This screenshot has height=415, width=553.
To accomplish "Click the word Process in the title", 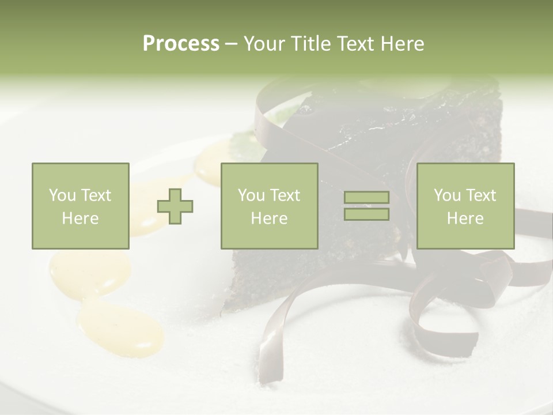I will coord(181,44).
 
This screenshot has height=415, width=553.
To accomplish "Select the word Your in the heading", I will coord(264,44).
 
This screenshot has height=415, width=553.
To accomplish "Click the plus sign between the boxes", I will coord(175,206).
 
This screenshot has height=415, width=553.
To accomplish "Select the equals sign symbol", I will coord(366,206).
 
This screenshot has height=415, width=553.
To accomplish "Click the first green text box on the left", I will coord(81,206).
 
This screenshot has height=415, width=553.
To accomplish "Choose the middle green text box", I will coord(269,206).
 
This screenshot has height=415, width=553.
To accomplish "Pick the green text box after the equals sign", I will coord(465,206).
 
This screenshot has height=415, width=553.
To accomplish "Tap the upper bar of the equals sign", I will coord(366,198).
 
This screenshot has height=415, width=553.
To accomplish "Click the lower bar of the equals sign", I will coord(366,214).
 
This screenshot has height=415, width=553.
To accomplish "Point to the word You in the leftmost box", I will coord(62,195).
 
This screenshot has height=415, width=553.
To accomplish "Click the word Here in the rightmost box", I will coord(465,218).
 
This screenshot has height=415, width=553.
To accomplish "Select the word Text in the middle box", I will coord(286,195).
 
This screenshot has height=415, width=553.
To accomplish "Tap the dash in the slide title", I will coord(232,44).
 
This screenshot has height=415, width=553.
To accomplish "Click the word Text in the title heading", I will coord(355,44).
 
